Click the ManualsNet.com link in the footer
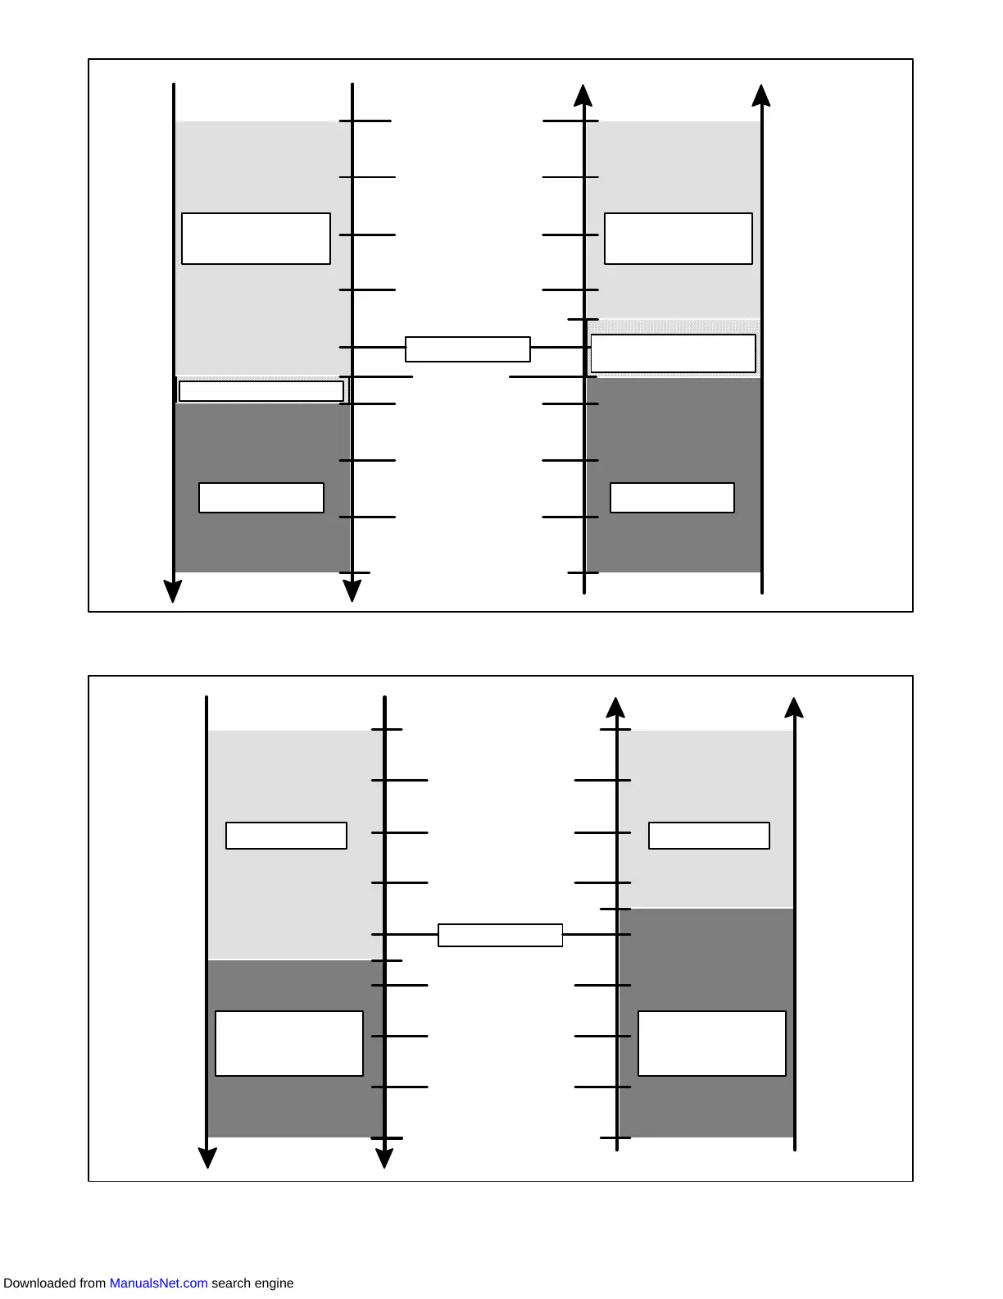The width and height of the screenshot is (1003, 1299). tap(158, 1283)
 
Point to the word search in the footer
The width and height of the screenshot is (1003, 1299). tap(229, 1283)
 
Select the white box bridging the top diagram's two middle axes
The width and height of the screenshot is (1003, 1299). tap(468, 349)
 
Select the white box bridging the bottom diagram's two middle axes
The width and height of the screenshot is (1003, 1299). tap(500, 936)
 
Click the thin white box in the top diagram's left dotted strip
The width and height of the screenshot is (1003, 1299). tap(261, 391)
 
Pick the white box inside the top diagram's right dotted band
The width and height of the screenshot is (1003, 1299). tap(673, 353)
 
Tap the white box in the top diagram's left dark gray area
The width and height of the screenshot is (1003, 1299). tap(261, 498)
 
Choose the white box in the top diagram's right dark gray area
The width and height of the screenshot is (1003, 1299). tap(672, 498)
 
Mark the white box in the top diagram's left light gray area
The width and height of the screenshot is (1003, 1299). tap(256, 239)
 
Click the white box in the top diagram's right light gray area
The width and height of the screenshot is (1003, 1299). tap(678, 239)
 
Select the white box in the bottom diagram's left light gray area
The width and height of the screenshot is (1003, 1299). tap(286, 836)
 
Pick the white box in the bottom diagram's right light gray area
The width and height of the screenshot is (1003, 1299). tap(709, 836)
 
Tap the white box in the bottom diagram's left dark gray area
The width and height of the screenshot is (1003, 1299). tap(288, 1043)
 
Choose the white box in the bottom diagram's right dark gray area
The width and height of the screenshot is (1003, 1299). tap(711, 1043)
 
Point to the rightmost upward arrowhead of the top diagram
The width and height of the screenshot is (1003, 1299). tap(761, 96)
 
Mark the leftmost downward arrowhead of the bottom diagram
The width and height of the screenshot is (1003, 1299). tap(207, 1157)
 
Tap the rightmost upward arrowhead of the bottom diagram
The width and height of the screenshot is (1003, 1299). tap(793, 708)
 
